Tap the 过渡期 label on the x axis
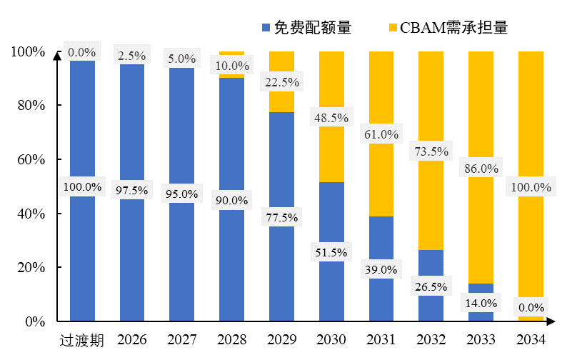[x=82, y=340]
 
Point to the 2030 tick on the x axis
[x=331, y=340]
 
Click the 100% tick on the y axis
[x=27, y=51]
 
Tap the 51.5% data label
[x=331, y=252]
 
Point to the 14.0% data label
[x=481, y=302]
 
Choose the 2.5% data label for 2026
[x=132, y=56]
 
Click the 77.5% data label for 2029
[x=281, y=217]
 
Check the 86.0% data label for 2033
[x=481, y=169]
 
